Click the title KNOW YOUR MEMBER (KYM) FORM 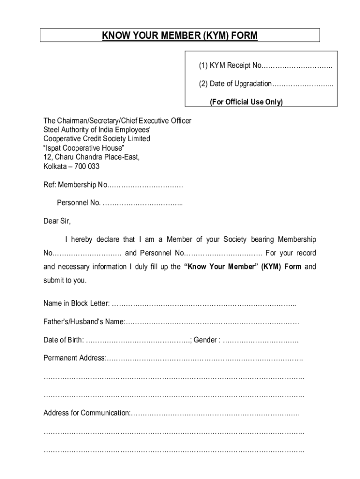[180, 36]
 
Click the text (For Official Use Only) [246, 102]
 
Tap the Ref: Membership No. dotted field [145, 185]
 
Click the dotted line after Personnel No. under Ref [142, 203]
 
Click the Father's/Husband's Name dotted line [212, 322]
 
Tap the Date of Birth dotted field [138, 340]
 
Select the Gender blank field [260, 340]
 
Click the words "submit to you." [65, 281]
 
